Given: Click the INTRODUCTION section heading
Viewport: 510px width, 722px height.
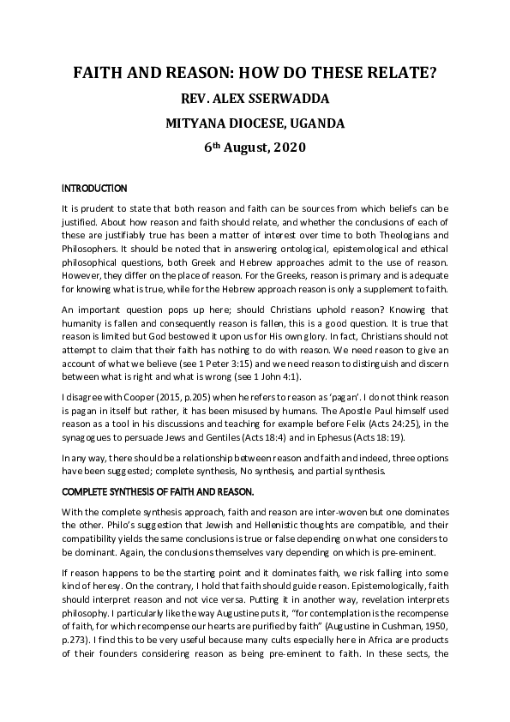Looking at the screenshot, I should point(94,188).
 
